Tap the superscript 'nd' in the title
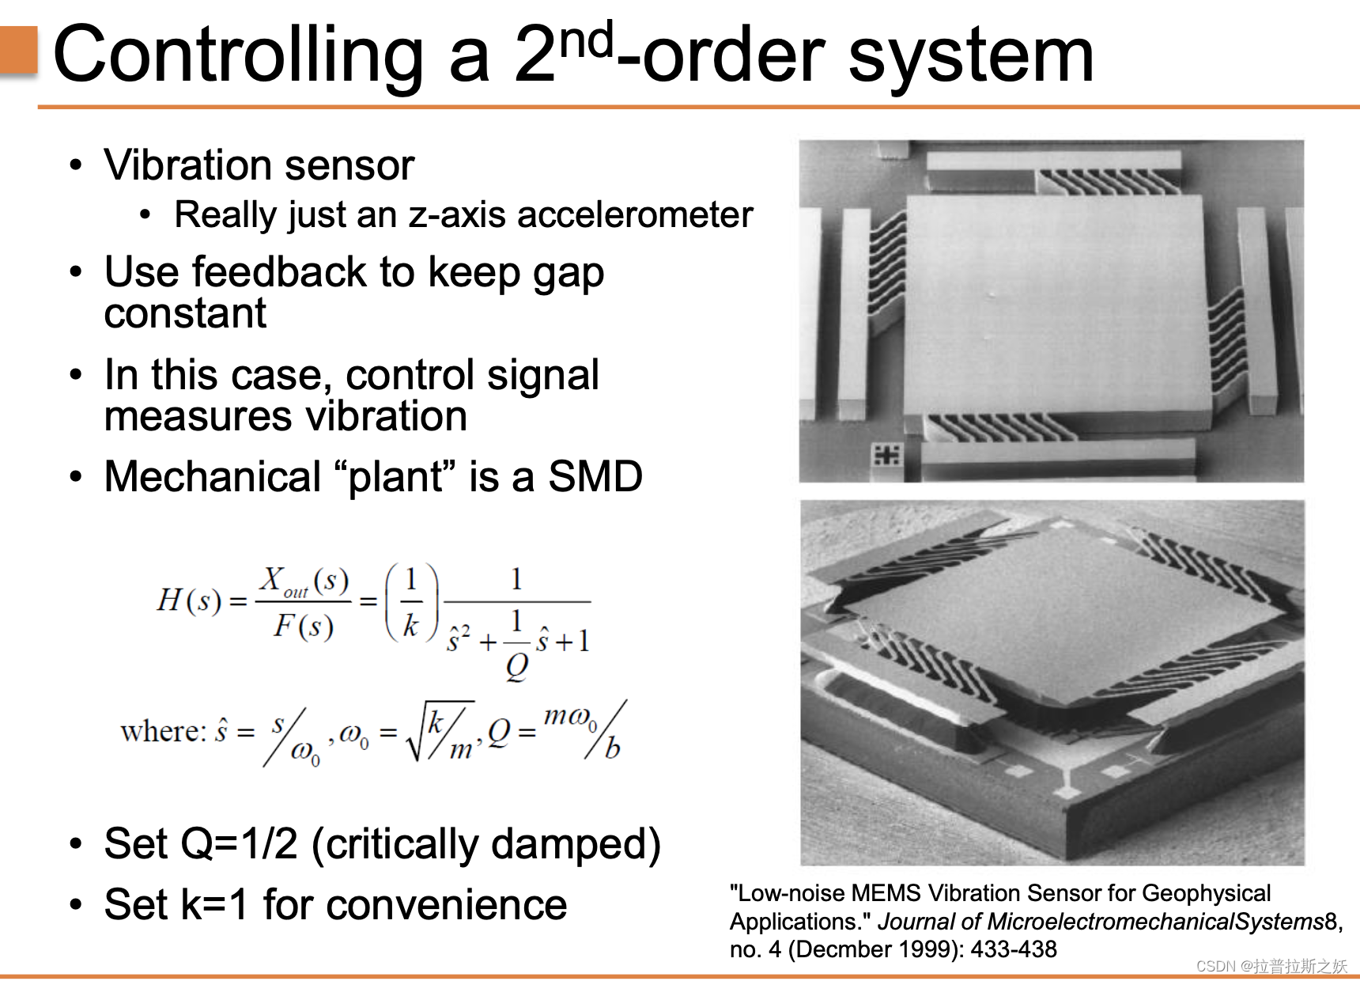[x=586, y=40]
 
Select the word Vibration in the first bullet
[x=187, y=165]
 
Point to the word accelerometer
[x=634, y=215]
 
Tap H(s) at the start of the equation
[x=188, y=600]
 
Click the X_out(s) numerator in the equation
[x=304, y=581]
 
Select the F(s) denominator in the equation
[x=303, y=626]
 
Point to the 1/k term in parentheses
[x=410, y=601]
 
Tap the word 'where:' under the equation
[x=162, y=732]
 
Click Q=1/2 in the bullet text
[x=240, y=843]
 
